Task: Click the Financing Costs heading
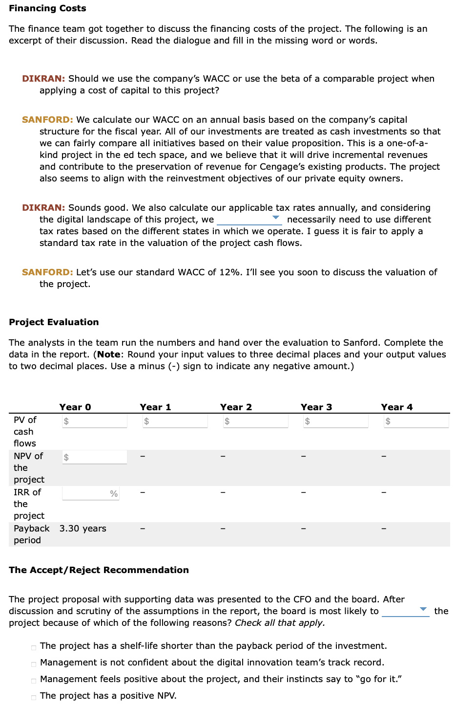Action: click(x=47, y=8)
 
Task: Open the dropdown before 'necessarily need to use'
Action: click(x=249, y=220)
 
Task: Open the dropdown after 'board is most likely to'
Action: click(x=405, y=611)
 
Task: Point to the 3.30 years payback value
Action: click(x=83, y=529)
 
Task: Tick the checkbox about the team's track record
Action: click(x=34, y=664)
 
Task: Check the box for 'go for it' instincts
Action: click(x=34, y=681)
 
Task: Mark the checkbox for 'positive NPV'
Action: click(x=34, y=697)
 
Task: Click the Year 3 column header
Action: click(x=316, y=407)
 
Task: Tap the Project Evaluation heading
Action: click(x=54, y=322)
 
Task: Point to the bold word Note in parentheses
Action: click(x=108, y=354)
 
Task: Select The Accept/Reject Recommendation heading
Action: click(x=99, y=570)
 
